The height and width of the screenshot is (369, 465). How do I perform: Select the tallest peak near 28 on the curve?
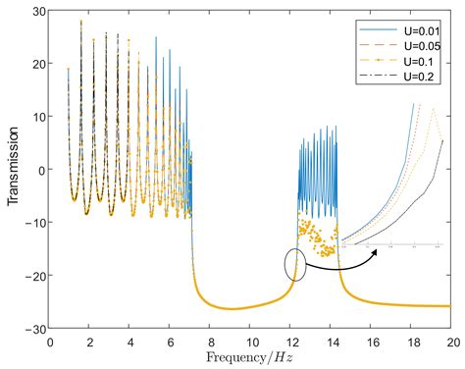[81, 22]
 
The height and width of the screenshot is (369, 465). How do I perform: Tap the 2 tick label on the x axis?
[89, 343]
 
